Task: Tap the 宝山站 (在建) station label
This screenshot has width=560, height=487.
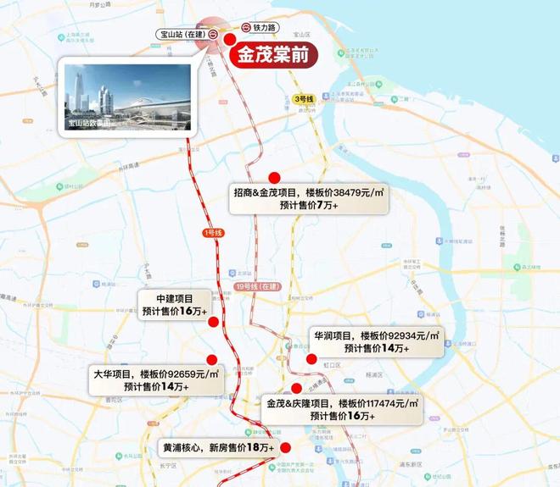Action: click(182, 35)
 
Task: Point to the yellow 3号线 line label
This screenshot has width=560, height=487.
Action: click(304, 99)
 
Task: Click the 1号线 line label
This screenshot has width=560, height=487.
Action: click(212, 232)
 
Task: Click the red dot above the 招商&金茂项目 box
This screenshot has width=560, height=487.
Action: click(274, 177)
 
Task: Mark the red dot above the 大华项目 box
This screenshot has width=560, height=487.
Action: click(211, 360)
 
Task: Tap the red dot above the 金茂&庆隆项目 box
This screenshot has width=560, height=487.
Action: click(296, 388)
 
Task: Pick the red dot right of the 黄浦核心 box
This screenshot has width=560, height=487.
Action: click(286, 448)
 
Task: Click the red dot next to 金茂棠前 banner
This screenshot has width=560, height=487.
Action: click(230, 39)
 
